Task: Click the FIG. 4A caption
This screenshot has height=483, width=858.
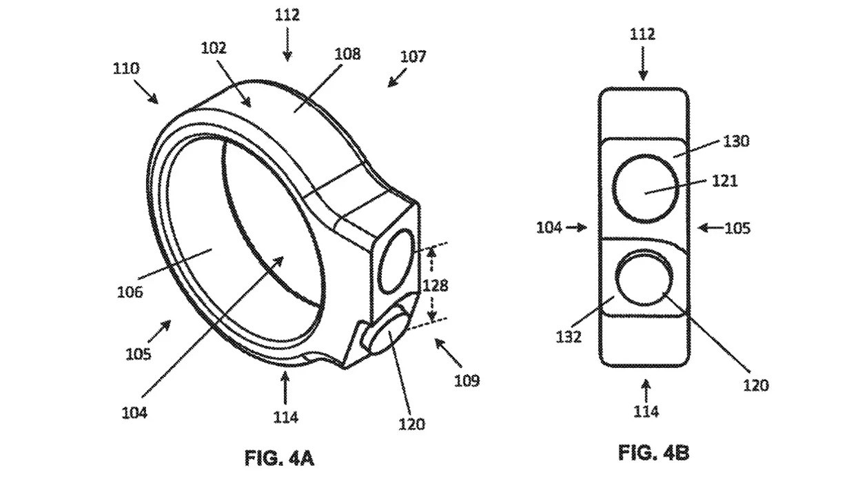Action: coord(279,458)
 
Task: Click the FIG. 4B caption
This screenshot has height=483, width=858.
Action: coord(653,453)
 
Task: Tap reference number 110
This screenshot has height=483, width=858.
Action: coord(126,69)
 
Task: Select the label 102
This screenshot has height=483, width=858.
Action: coord(214,48)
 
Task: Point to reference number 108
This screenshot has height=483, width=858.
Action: coord(347,54)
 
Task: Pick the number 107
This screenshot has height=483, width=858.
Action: coord(413,56)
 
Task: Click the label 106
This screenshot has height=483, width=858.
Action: coord(130,292)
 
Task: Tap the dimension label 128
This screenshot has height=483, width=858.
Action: coord(435,285)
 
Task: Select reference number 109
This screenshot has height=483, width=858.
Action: coord(467,380)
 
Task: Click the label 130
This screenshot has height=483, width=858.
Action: coord(736,141)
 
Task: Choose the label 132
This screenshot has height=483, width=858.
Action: coord(569,337)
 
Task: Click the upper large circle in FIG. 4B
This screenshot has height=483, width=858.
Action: coord(613,189)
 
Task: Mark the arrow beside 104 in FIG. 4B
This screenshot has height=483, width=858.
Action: coord(577,228)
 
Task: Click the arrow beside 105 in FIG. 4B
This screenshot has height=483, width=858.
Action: coord(711,228)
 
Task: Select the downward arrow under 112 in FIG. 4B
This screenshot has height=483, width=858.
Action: coord(643,63)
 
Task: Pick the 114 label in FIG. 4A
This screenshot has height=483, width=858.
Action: coord(286,417)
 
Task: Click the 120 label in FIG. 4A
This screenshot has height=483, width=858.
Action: coord(411,424)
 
